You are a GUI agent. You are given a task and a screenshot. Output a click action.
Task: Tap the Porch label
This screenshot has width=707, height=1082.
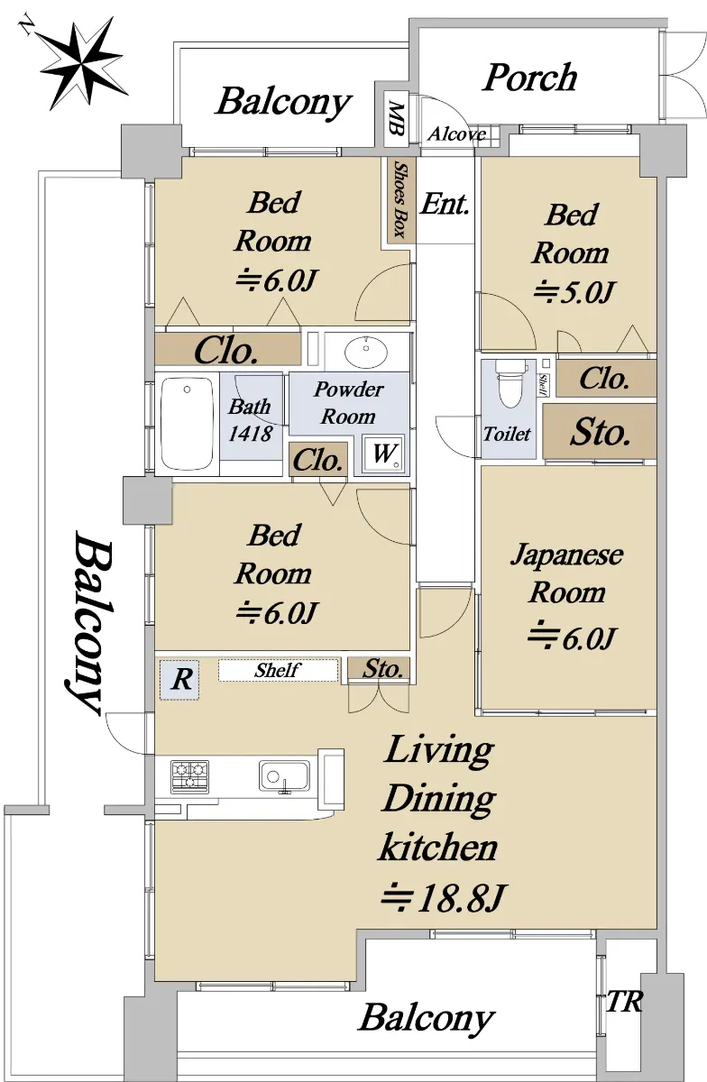coord(530,78)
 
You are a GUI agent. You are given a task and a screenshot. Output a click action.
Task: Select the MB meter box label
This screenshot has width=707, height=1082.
coord(396,119)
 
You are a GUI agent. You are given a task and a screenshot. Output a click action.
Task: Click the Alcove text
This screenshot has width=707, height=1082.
coord(456,133)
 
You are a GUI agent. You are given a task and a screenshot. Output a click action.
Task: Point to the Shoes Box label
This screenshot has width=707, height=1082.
coord(401,199)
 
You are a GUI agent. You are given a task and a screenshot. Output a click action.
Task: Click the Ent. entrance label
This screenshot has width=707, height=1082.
coord(445,204)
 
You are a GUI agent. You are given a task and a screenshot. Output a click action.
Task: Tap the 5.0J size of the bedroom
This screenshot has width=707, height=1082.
coord(574,292)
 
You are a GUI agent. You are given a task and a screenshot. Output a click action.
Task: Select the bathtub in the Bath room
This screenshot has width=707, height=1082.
coord(187,423)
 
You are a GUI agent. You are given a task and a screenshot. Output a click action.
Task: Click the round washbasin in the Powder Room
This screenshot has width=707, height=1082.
coord(366,351)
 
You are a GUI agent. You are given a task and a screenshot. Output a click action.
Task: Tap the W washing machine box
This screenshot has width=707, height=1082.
coord(383,453)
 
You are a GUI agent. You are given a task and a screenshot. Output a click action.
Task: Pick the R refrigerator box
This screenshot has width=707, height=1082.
coord(179,679)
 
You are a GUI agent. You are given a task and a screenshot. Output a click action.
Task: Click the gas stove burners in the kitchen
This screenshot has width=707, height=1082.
coord(190,776)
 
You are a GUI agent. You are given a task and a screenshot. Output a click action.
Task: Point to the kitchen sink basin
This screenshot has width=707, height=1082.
coord(284,775)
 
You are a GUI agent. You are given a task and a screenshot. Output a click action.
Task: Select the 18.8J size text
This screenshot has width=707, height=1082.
coord(444,897)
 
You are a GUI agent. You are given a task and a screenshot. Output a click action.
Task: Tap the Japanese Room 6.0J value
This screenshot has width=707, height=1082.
coord(572,638)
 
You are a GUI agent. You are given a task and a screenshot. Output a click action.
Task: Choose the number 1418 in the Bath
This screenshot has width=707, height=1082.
coord(251,434)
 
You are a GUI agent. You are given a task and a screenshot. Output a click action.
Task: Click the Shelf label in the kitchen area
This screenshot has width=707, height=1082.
coord(278,670)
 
